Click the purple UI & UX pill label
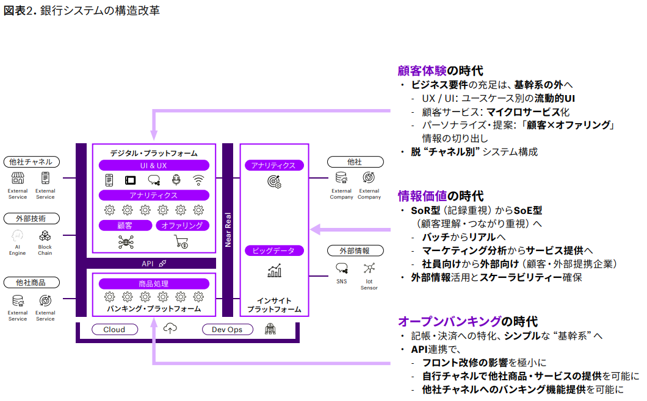[154, 165]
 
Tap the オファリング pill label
[183, 225]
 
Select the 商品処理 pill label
[154, 283]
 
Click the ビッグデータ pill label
[274, 250]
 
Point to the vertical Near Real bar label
[228, 229]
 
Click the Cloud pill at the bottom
[114, 330]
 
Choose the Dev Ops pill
[227, 330]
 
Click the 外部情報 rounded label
[356, 250]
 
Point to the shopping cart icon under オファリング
[181, 242]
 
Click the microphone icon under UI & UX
[176, 180]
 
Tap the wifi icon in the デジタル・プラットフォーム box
[198, 180]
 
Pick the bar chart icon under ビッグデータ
[274, 271]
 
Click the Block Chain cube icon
[45, 236]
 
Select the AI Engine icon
[18, 236]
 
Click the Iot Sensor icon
[369, 268]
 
